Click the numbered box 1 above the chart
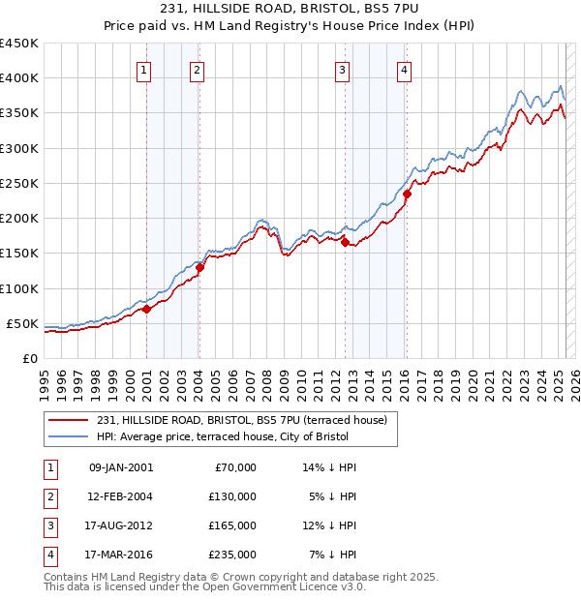tap(143, 69)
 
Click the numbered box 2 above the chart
tap(197, 69)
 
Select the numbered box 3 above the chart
tap(342, 69)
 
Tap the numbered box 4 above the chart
tap(403, 69)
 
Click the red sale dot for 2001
tap(147, 310)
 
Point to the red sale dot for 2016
tap(408, 194)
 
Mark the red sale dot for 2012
tap(346, 243)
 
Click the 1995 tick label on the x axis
tap(45, 381)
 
